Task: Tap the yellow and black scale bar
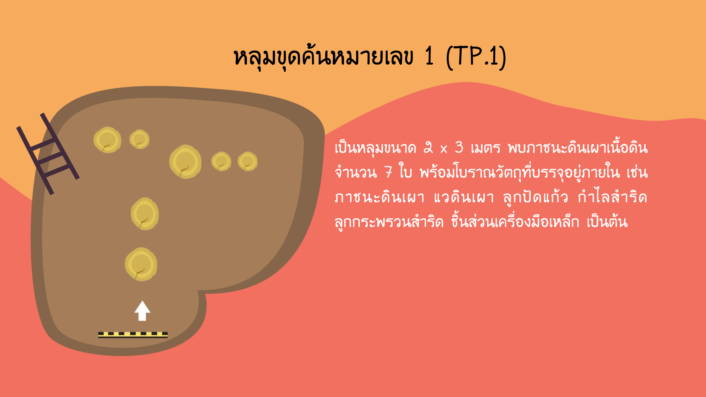click(x=133, y=335)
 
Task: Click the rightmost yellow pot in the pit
click(x=247, y=161)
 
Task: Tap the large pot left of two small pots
click(x=185, y=162)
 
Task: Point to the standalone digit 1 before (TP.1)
click(x=429, y=56)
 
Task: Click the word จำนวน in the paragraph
click(x=356, y=172)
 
